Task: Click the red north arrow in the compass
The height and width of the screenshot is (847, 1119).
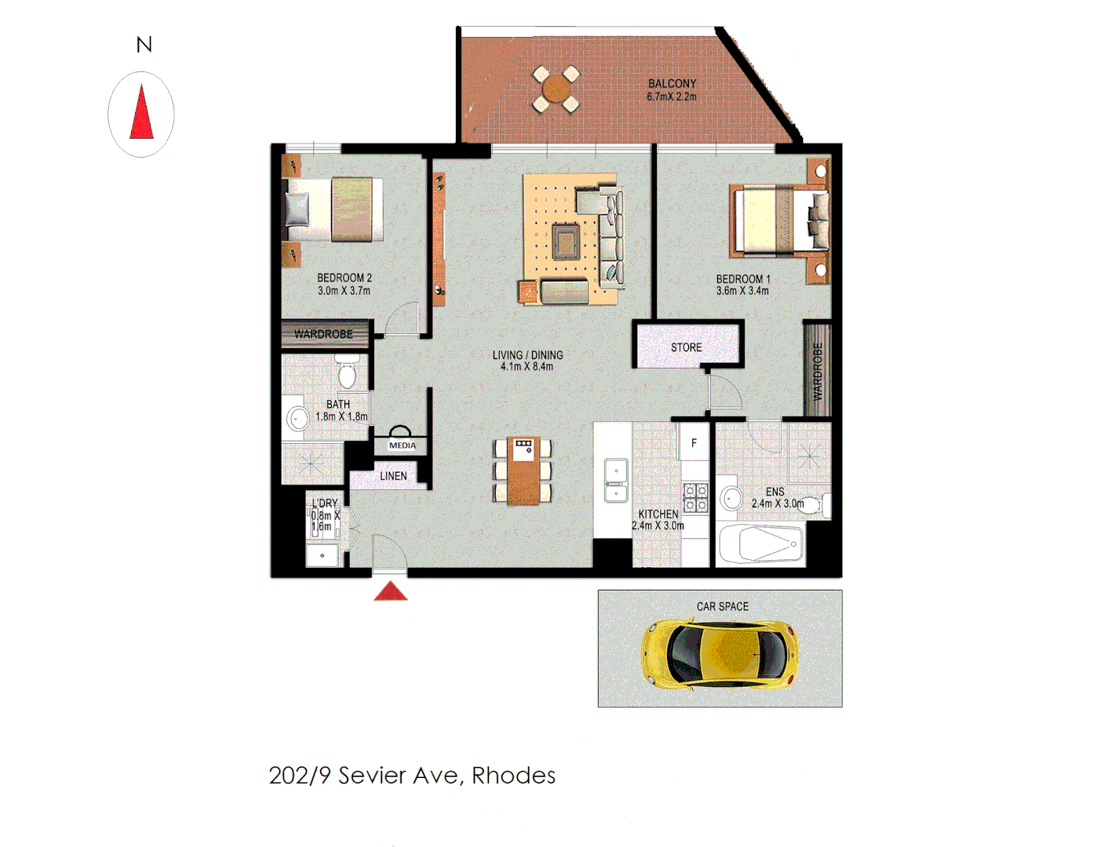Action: pos(142,115)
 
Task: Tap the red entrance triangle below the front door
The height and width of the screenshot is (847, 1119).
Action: pos(391,591)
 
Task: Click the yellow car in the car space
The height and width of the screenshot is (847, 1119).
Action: pos(718,653)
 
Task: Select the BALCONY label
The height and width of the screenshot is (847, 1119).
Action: pos(672,84)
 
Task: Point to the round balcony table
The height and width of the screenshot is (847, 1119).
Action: pos(556,89)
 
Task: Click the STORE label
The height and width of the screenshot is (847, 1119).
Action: pos(686,347)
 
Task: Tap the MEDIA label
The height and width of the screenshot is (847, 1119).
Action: pos(403,445)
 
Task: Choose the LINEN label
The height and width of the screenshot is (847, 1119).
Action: pos(393,476)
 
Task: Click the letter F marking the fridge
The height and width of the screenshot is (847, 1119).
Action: pos(694,443)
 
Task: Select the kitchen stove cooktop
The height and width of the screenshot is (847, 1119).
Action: pos(695,498)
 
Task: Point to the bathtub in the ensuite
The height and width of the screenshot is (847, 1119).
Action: pos(762,544)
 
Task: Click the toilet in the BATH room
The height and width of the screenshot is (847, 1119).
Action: pos(347,374)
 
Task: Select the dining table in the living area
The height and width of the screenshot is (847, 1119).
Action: pos(523,471)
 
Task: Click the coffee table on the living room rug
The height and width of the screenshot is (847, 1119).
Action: pos(565,241)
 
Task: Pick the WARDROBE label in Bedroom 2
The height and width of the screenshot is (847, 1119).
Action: pos(323,335)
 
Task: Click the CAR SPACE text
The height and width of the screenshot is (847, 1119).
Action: pos(723,607)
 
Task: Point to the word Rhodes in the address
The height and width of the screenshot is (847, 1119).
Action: pos(514,776)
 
